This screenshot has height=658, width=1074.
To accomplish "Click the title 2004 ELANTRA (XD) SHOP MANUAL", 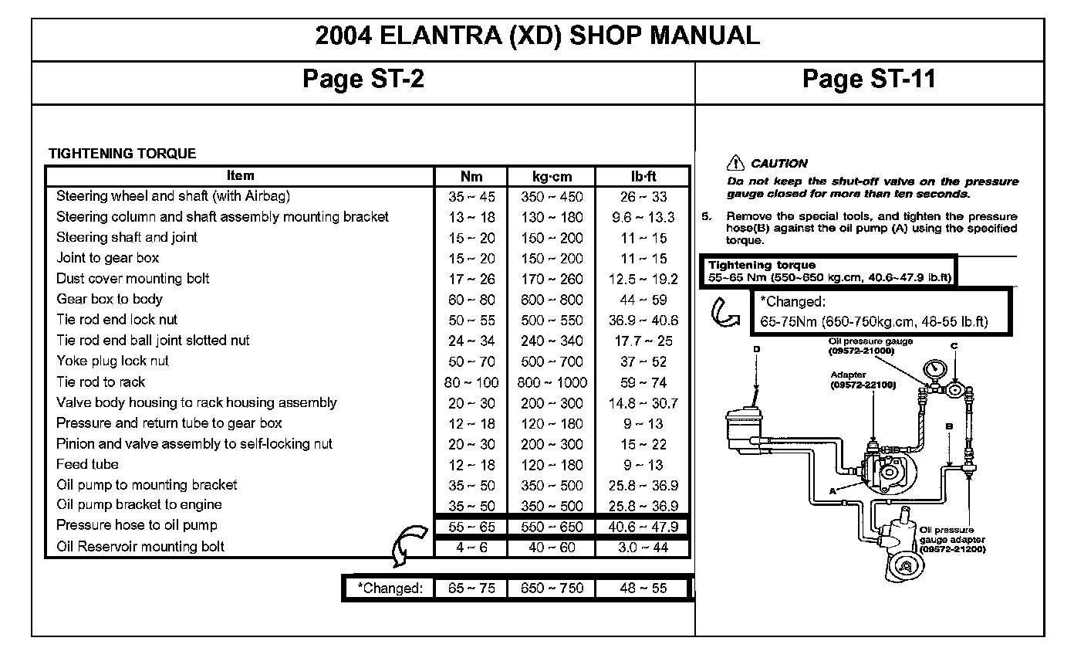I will pos(538,36).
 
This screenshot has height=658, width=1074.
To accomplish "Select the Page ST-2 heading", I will pos(363,79).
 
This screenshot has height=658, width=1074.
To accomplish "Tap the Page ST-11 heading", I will pos(869,79).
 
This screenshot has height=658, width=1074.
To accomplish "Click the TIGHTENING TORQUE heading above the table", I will pos(122,154).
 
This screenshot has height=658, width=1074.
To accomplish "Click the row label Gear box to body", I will pos(110,299).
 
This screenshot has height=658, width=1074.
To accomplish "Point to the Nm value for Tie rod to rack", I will pos(471,382).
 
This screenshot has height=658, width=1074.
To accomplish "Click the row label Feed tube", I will pos(87,464).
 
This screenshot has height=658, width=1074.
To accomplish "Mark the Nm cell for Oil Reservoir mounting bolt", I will pos(471,548).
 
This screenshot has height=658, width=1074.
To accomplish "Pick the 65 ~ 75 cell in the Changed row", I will pos(471,588).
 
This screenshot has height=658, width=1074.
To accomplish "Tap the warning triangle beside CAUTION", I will pos(735,163).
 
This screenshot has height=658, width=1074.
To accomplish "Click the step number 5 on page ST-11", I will pos(705,216).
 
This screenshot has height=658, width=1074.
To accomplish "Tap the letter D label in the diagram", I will pos(757,349).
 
